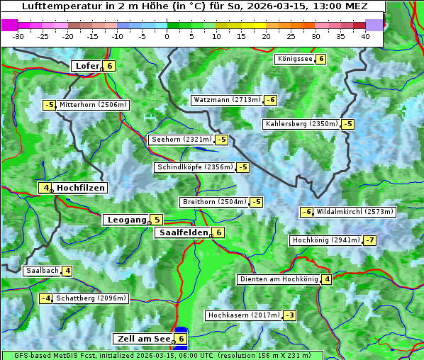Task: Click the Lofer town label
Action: click(86, 66)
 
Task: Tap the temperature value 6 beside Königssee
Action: click(320, 59)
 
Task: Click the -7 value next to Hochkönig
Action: click(370, 240)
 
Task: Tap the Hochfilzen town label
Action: click(81, 188)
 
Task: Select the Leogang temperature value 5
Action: click(156, 220)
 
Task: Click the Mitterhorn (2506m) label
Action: click(94, 105)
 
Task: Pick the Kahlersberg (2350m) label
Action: click(301, 124)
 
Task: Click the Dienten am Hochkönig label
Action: click(278, 279)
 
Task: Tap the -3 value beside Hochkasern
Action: click(289, 315)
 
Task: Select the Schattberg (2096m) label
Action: click(91, 298)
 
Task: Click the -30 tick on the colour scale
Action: click(18, 36)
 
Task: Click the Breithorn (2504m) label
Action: click(213, 202)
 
